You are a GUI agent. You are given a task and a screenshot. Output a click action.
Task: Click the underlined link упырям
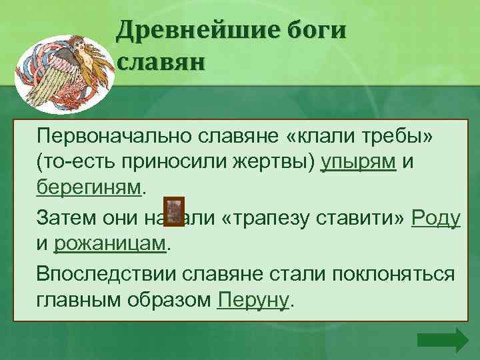tap(359, 163)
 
